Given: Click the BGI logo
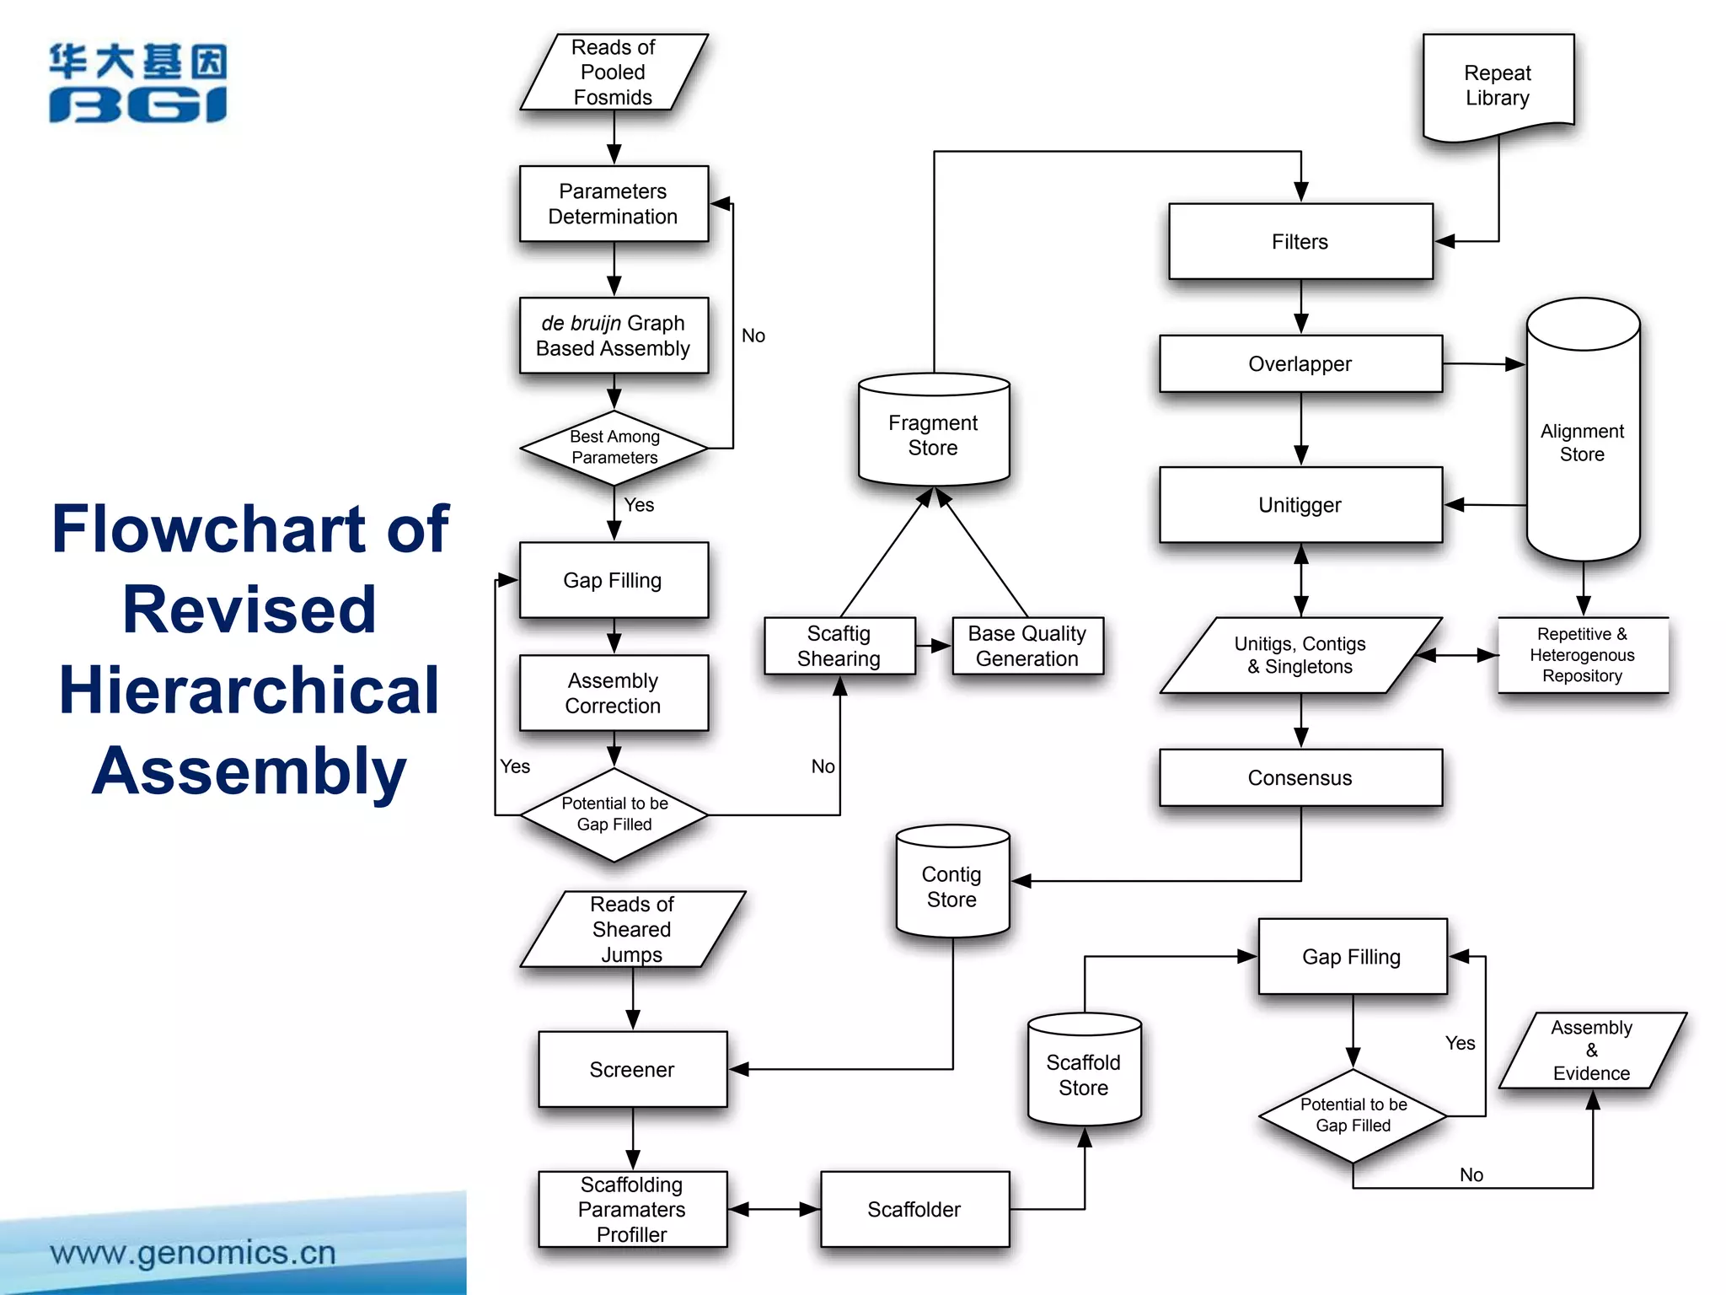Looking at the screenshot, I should click(x=137, y=83).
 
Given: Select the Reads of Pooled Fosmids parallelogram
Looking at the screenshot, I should click(x=614, y=73).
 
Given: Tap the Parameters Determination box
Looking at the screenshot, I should click(x=614, y=204).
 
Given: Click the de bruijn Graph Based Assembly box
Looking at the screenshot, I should click(x=614, y=336).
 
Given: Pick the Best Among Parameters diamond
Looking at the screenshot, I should click(x=614, y=448).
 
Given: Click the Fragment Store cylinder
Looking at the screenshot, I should click(x=933, y=434).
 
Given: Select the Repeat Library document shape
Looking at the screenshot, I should click(x=1498, y=85).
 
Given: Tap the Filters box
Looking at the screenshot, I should click(x=1300, y=242).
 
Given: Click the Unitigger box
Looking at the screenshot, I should click(x=1300, y=505).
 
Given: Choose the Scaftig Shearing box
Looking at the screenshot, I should click(x=839, y=646).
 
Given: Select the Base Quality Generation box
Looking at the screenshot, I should click(x=1027, y=646).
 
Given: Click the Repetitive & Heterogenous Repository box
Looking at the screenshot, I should click(x=1582, y=655).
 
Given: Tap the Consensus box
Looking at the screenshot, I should click(x=1300, y=777).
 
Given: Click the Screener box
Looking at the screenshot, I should click(x=632, y=1069).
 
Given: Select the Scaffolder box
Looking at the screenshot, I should click(x=914, y=1209).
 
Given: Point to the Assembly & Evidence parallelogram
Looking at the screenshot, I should click(x=1591, y=1051).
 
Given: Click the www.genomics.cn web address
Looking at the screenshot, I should click(x=193, y=1253).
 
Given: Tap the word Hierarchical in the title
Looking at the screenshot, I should click(x=249, y=690).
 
